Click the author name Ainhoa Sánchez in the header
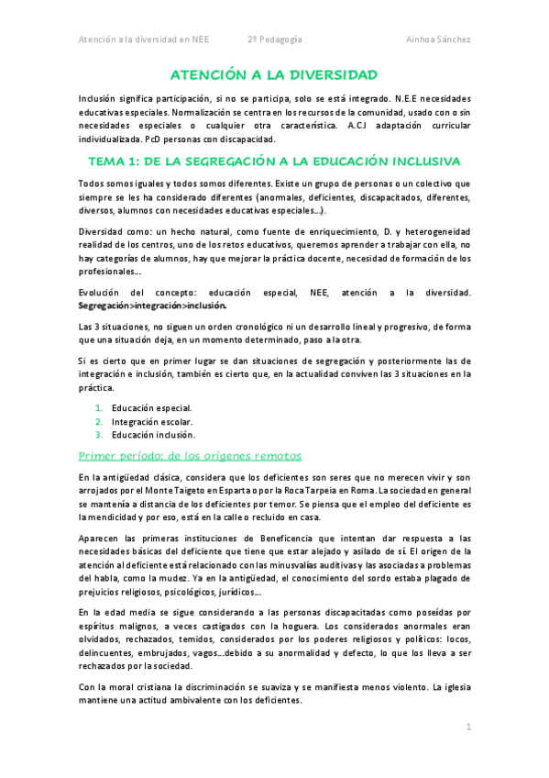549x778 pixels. click(x=438, y=39)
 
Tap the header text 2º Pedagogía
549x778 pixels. click(x=275, y=39)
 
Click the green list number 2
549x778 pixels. click(x=100, y=421)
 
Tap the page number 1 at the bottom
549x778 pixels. click(x=467, y=728)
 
